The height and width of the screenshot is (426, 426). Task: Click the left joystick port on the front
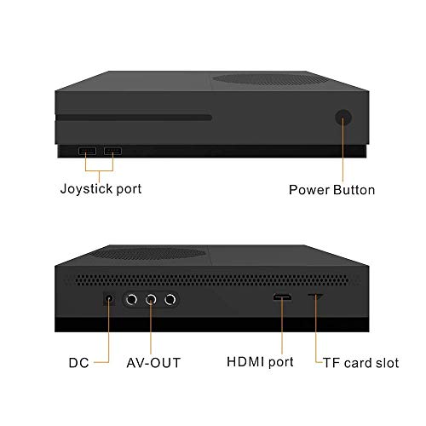pos(87,151)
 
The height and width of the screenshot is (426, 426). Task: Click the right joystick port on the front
pos(112,151)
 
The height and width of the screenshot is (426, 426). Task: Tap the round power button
pos(343,118)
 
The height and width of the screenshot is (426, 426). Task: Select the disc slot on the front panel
pos(134,118)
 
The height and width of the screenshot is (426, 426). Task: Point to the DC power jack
pos(109,299)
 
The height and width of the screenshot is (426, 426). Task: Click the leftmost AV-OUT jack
pos(131,299)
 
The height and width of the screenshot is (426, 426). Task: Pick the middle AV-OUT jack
pos(151,299)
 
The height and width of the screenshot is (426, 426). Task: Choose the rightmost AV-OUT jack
pos(170,299)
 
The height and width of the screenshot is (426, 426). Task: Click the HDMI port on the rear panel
pos(282,297)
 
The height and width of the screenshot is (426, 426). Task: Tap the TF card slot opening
pos(315,296)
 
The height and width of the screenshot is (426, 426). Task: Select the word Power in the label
pos(309,190)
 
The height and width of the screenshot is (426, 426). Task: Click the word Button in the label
pos(354,190)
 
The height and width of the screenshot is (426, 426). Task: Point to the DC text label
pos(79,363)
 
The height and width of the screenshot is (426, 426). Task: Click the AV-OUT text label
pos(153,363)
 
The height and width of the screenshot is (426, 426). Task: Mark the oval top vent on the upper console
pos(269,79)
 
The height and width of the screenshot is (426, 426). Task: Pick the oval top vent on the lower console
pos(147,253)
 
